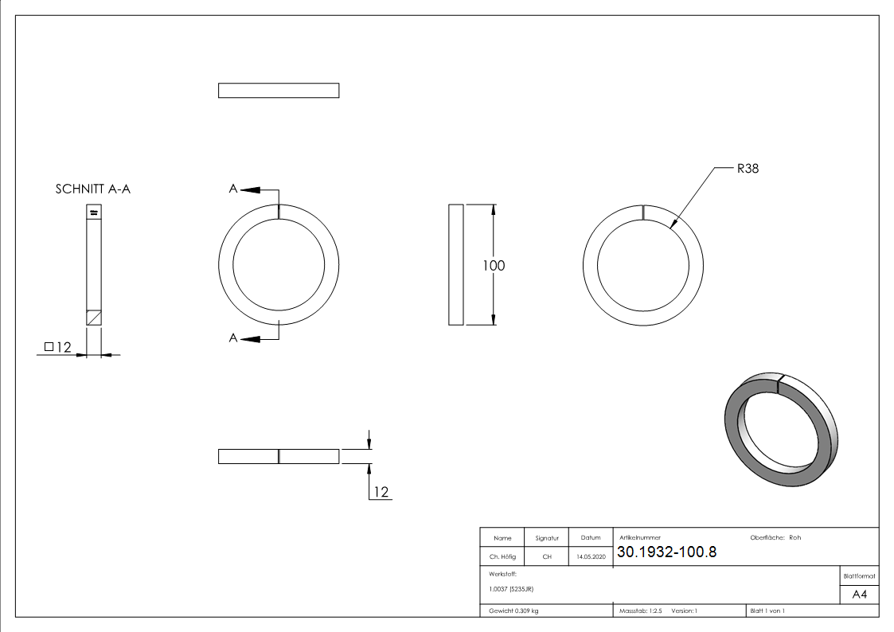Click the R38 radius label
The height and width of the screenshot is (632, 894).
click(x=748, y=168)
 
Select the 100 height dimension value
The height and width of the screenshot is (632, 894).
click(x=494, y=265)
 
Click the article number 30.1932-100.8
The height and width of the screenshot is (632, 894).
click(x=666, y=552)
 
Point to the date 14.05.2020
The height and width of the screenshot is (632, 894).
click(x=590, y=557)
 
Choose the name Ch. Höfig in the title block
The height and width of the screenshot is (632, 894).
click(x=502, y=557)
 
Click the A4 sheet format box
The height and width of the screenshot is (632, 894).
click(x=859, y=595)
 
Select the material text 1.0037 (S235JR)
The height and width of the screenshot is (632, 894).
click(x=511, y=588)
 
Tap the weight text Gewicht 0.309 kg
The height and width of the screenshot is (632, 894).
click(x=513, y=611)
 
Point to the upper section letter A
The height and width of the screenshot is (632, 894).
click(x=233, y=189)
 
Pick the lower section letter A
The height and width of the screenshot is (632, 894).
click(x=233, y=338)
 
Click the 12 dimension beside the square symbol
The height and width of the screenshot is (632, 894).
click(x=64, y=347)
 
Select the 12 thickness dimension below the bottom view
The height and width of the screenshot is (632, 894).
click(x=381, y=492)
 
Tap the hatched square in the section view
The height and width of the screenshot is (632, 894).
click(x=94, y=317)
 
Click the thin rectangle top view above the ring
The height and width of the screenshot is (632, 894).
click(x=279, y=90)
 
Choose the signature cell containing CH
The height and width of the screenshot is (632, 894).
click(x=547, y=557)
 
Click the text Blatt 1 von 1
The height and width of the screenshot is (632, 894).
click(x=767, y=611)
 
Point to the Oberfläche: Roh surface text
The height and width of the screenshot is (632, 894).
click(x=775, y=537)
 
